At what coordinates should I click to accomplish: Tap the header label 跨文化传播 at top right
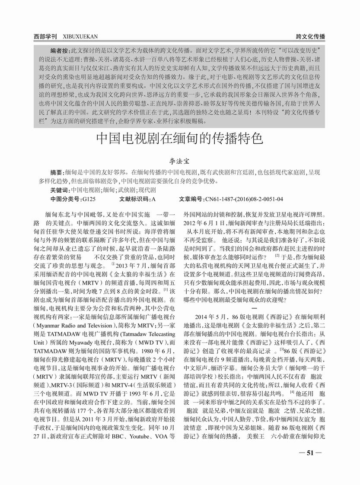tap(311, 37)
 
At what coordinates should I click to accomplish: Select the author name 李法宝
tap(179, 162)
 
